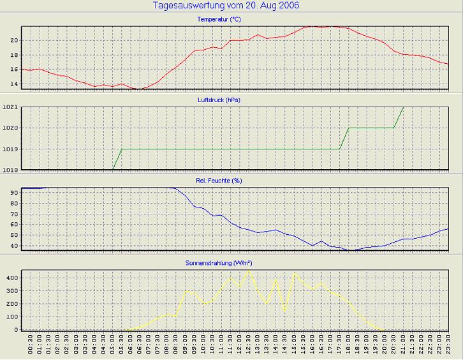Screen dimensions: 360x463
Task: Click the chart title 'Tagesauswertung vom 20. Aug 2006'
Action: pos(226,6)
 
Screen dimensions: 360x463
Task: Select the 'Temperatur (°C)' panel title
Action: pos(219,20)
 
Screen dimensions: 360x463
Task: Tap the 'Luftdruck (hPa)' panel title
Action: pos(219,100)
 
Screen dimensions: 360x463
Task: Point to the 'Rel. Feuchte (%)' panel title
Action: pos(219,181)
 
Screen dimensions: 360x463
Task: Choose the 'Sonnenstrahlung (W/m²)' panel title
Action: pos(219,262)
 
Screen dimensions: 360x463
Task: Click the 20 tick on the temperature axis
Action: pos(13,40)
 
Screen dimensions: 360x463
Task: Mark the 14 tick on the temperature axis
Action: pos(13,83)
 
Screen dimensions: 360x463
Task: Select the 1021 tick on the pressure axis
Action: pos(10,107)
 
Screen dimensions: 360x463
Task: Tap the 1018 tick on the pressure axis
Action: pos(10,170)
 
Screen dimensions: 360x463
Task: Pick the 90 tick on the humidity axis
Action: pos(13,192)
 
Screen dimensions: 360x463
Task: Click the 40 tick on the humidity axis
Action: pos(13,246)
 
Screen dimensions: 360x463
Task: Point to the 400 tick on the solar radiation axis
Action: pos(11,278)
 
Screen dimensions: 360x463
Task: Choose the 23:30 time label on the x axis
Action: pos(448,347)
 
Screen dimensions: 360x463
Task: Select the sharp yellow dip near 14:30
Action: pos(284,311)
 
